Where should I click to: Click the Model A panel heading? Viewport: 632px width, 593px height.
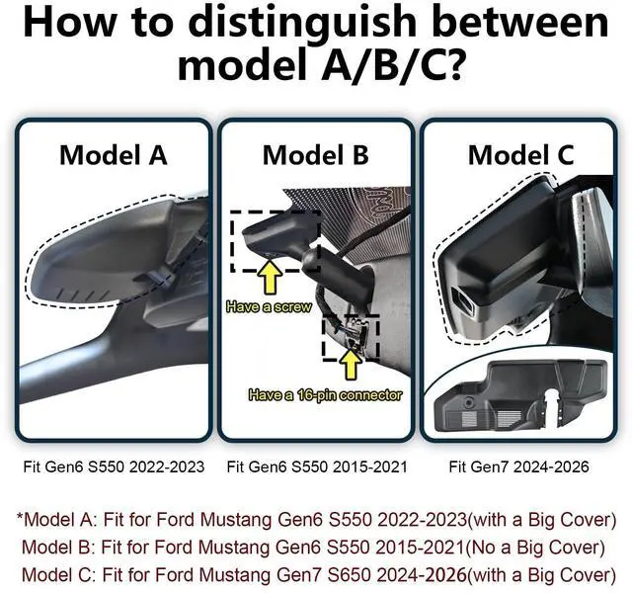[x=113, y=155]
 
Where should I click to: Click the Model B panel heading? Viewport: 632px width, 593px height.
[x=316, y=155]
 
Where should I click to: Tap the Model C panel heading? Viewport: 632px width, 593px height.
[x=520, y=155]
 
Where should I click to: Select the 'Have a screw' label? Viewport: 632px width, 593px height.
[x=269, y=307]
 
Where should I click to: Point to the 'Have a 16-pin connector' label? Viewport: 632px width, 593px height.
[x=327, y=394]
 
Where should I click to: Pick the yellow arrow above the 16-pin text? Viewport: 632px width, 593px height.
[x=349, y=367]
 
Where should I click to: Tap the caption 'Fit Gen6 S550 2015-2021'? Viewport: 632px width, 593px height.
[x=316, y=466]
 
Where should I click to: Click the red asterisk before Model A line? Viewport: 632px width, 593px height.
[x=19, y=519]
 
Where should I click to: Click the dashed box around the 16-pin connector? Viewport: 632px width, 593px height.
[x=351, y=337]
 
